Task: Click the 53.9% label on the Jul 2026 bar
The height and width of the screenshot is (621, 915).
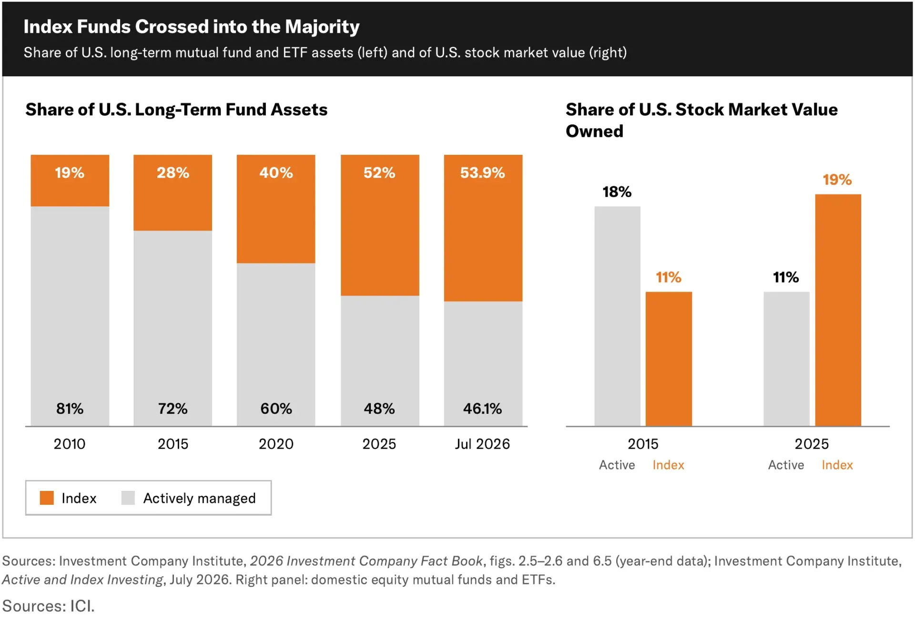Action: (x=482, y=173)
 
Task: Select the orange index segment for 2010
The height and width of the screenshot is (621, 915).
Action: (x=70, y=180)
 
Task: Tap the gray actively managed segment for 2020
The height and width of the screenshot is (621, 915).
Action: (x=276, y=345)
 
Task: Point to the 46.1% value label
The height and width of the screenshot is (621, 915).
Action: (x=482, y=408)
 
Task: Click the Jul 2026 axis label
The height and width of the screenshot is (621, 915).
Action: (x=482, y=444)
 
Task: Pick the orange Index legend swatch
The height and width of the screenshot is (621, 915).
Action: (x=47, y=498)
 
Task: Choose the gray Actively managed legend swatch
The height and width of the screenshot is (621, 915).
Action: (x=128, y=498)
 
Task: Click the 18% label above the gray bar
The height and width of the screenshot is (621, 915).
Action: (x=617, y=192)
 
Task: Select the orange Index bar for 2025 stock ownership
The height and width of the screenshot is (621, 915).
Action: (x=838, y=310)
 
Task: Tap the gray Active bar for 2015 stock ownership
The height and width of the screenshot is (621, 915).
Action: (x=617, y=316)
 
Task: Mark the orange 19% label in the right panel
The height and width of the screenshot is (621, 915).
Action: (x=837, y=180)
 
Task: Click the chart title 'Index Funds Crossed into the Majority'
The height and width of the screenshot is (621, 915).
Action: (x=192, y=27)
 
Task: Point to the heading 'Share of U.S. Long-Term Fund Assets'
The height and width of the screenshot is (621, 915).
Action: (x=176, y=110)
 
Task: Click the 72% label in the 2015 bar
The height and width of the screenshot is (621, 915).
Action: (x=173, y=408)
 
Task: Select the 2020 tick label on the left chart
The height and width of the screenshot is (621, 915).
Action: (x=276, y=444)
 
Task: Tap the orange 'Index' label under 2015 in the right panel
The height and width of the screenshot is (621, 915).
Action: (x=668, y=465)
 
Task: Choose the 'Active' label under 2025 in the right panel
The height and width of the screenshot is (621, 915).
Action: (x=786, y=465)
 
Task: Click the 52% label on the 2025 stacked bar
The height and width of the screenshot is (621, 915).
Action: (x=379, y=173)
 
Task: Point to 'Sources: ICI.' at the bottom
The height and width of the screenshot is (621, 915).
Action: (x=49, y=606)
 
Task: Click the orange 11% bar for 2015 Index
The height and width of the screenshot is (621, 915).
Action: (x=669, y=359)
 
